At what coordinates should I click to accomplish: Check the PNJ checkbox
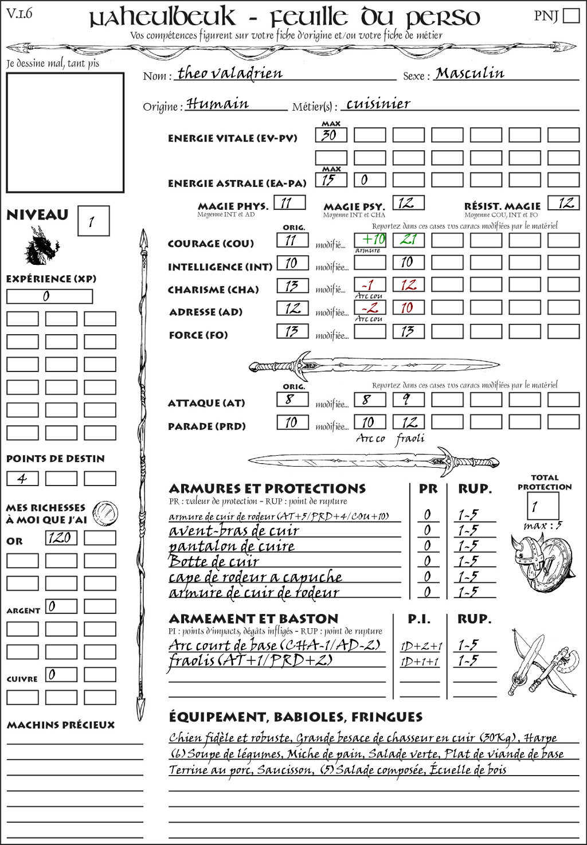[571, 15]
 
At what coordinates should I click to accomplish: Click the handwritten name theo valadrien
[230, 73]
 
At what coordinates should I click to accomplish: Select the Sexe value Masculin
[469, 73]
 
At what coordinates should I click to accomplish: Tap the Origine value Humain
[217, 104]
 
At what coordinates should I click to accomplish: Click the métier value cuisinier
[378, 104]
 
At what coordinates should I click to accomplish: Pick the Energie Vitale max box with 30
[331, 135]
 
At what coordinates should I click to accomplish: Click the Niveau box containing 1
[93, 221]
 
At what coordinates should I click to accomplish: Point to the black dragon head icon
[41, 246]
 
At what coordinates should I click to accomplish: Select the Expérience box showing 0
[49, 296]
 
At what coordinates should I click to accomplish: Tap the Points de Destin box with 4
[22, 478]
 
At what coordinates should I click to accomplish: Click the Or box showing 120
[61, 538]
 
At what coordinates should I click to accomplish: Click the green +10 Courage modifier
[370, 239]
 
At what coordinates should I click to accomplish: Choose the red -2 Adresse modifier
[370, 308]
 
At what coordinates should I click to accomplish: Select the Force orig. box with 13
[292, 331]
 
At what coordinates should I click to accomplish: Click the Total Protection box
[542, 506]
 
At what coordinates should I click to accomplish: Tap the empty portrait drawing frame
[65, 132]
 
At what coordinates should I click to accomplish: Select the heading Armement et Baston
[253, 619]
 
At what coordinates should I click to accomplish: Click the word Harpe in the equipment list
[540, 738]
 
